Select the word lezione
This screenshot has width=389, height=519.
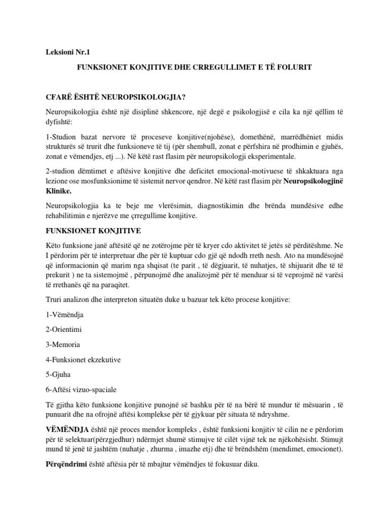tap(57, 182)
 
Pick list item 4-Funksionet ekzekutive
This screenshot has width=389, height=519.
tap(83, 360)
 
